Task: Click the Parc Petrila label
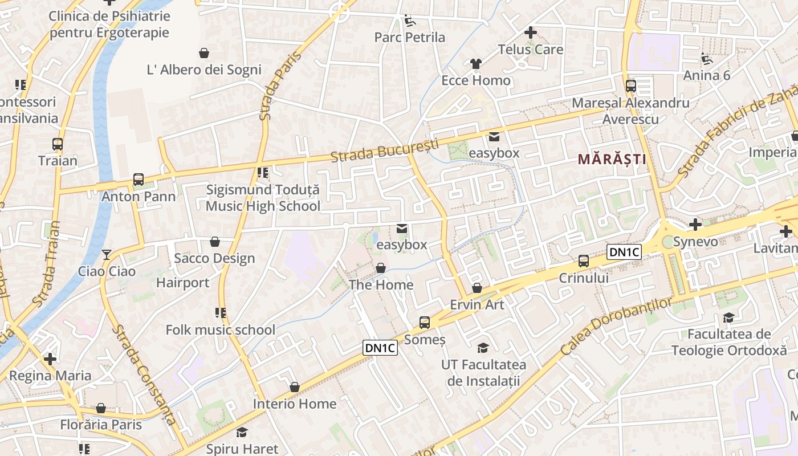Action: coord(409,38)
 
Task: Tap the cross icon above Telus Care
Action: coord(531,32)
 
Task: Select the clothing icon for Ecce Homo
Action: coord(476,64)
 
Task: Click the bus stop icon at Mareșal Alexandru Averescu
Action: coord(631,87)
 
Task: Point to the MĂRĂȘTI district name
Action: coord(613,159)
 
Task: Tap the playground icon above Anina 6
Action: coord(707,58)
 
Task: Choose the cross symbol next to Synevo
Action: coord(695,225)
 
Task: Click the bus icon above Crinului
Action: coord(584,261)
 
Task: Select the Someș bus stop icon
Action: coord(425,323)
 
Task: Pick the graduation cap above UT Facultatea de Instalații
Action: coord(483,348)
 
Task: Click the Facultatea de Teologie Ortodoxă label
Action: coord(729,342)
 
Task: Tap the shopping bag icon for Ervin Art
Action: coord(477,288)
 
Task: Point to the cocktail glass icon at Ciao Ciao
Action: coord(107,254)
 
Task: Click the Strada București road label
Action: coord(385,150)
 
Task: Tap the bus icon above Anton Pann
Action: coord(138,180)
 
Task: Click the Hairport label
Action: coord(182,283)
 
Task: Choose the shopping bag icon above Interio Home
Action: coord(295,388)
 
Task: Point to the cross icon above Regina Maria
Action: coord(50,359)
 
